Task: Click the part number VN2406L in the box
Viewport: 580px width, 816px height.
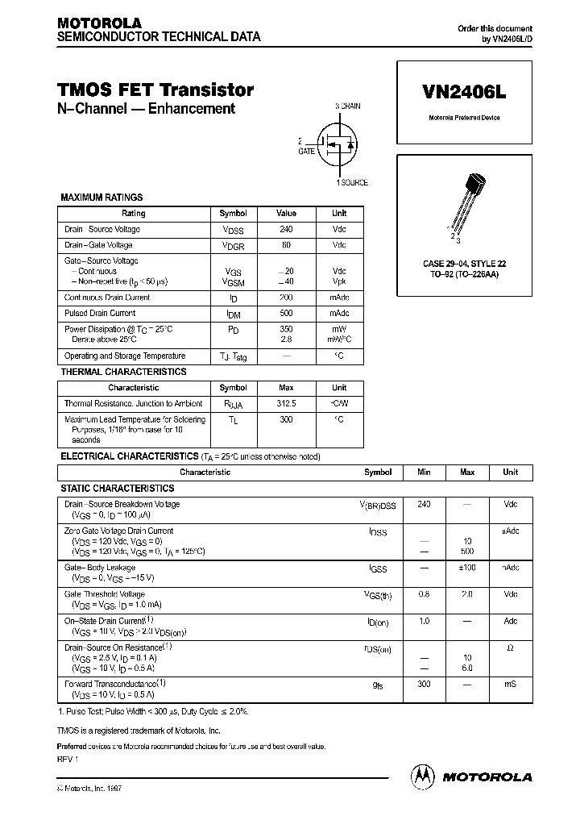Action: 463,92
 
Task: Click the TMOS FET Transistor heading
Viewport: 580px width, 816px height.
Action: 155,90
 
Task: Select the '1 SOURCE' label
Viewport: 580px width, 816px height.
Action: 351,182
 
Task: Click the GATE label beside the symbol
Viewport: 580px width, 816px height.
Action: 306,151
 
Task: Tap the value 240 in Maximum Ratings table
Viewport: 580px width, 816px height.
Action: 286,229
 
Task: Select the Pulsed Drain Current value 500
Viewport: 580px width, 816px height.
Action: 286,313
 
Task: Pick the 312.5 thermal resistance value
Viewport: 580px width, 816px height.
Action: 286,403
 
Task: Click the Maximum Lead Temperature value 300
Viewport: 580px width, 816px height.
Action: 286,419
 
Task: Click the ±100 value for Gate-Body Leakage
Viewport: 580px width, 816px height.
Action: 466,568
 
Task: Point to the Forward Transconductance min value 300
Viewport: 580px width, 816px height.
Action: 424,684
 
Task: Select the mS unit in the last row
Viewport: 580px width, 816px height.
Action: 510,684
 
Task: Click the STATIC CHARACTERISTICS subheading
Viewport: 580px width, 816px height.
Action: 118,489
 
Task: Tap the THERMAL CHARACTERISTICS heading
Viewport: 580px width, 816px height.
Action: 123,372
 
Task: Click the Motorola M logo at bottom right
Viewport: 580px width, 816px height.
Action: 423,776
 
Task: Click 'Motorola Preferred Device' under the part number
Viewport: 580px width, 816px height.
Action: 463,118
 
